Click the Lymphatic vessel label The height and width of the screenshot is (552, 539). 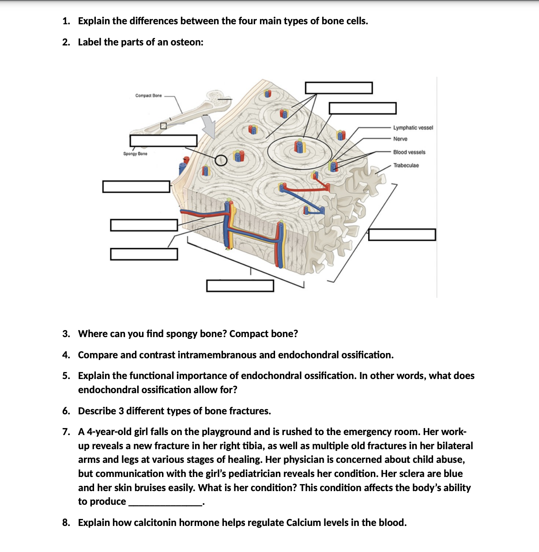pyautogui.click(x=413, y=128)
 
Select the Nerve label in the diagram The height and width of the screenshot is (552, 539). pyautogui.click(x=400, y=139)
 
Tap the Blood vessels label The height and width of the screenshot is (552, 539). pyautogui.click(x=409, y=152)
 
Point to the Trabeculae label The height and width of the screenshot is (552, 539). pyautogui.click(x=406, y=165)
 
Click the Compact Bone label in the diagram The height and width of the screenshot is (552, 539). pyautogui.click(x=148, y=95)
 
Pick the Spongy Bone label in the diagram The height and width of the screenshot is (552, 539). pyautogui.click(x=135, y=154)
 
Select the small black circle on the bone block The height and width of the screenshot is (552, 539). pyautogui.click(x=221, y=160)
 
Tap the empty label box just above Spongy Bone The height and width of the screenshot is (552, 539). pyautogui.click(x=163, y=141)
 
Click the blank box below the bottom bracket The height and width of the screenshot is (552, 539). pyautogui.click(x=240, y=285)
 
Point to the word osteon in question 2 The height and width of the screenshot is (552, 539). pyautogui.click(x=185, y=42)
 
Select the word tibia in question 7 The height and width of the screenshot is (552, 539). pyautogui.click(x=253, y=446)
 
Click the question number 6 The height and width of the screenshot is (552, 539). pyautogui.click(x=66, y=411)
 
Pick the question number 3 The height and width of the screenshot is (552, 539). pyautogui.click(x=66, y=334)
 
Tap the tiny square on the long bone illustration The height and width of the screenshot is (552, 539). pyautogui.click(x=163, y=125)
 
